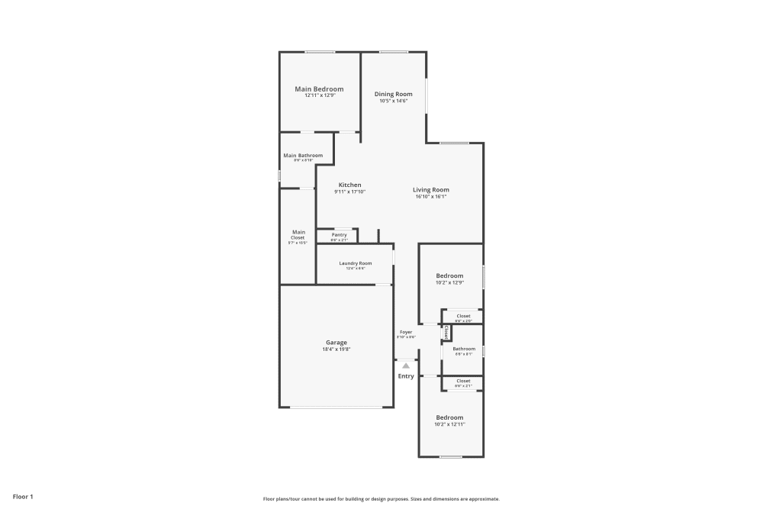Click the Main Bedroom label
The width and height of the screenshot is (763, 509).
319,89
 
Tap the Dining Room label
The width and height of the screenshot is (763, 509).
393,95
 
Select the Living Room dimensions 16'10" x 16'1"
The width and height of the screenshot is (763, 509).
431,197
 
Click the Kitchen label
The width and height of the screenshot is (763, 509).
350,185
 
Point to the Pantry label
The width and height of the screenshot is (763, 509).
339,235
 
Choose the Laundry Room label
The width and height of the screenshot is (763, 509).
356,263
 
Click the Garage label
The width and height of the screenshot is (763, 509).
336,343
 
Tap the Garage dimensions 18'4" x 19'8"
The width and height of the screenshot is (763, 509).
336,350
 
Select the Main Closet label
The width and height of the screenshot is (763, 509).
298,234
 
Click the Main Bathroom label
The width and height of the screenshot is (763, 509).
303,156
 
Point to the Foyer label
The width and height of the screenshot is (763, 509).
406,332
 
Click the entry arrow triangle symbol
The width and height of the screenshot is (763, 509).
406,366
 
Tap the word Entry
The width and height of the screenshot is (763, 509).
406,376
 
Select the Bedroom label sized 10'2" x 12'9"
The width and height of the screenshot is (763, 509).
449,275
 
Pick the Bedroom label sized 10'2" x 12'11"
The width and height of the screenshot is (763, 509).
449,417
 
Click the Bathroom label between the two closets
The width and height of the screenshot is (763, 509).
464,349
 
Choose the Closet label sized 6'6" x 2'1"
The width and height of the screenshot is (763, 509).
463,381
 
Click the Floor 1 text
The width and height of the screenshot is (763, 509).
23,497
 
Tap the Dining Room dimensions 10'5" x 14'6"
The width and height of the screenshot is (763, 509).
393,101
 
